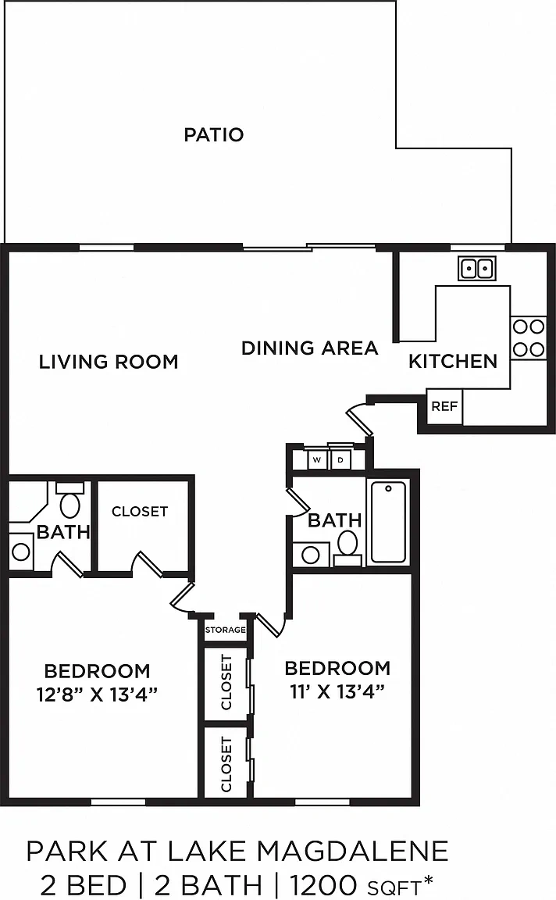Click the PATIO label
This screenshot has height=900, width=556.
coord(213,135)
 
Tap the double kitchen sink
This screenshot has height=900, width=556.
coord(477,268)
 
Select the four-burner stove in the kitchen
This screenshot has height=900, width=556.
coord(529,338)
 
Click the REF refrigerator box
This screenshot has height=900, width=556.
coord(444,406)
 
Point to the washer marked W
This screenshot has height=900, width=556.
coord(317,459)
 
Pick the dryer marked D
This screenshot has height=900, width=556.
coord(340,459)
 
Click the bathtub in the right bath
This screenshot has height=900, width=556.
coord(388,522)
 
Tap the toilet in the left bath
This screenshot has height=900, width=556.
coord(70,502)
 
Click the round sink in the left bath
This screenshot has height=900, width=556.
coord(21,552)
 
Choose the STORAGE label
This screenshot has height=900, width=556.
coord(226,630)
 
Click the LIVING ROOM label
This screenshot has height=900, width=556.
coord(109,362)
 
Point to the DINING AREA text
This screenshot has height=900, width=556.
coord(310,348)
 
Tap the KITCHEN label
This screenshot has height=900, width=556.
coord(453,362)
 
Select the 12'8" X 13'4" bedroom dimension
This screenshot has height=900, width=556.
coord(97,695)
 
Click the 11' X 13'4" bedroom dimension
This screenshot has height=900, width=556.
coord(337,691)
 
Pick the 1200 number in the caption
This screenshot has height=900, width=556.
coord(323,884)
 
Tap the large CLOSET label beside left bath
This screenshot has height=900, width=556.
coord(140,512)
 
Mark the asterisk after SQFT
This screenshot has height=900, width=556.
coord(427,878)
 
